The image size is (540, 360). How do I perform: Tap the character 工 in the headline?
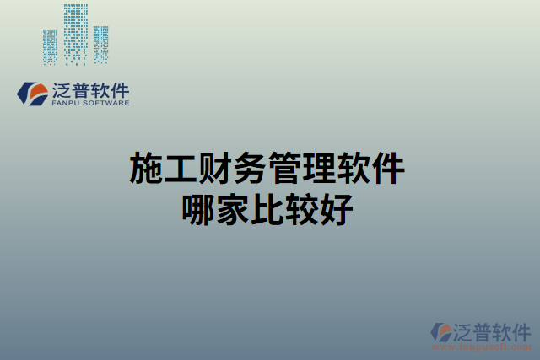(180, 169)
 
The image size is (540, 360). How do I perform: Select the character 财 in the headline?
(214, 169)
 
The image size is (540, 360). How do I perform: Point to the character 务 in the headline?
(249, 169)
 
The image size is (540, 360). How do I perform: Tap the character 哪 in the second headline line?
(197, 207)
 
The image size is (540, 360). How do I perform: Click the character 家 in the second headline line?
(232, 207)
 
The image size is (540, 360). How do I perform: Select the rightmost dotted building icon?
(101, 44)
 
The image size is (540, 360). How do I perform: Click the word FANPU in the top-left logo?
(67, 104)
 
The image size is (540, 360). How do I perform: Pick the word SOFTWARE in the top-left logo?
(105, 104)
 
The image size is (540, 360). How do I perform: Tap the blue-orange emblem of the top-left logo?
(33, 93)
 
